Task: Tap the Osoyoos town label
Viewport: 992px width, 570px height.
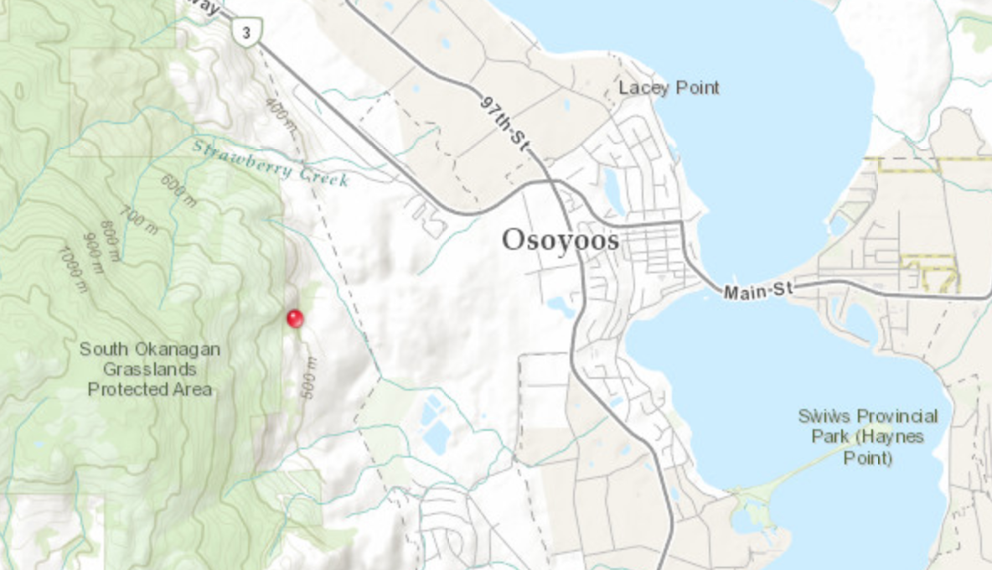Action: point(561,241)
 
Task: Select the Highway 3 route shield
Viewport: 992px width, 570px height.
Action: point(245,33)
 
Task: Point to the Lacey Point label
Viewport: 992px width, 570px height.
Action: point(669,88)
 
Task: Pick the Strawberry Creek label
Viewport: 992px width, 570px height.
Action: point(270,163)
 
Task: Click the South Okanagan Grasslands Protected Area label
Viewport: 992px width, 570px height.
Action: point(150,369)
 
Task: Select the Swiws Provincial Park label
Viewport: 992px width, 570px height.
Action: point(868,437)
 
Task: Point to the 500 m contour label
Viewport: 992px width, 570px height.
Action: point(308,378)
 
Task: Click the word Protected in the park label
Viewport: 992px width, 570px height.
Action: point(150,389)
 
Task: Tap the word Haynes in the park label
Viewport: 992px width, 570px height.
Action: point(897,437)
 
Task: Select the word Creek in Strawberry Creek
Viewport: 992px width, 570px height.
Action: point(323,175)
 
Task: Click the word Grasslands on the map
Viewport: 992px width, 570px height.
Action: point(150,369)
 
